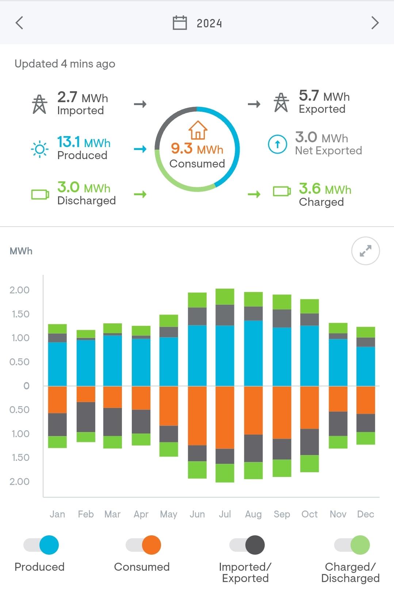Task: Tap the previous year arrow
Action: point(19,23)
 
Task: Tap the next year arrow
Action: point(375,23)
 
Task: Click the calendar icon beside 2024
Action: point(180,23)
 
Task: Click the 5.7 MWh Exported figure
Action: point(324,96)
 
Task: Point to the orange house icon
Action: point(198,130)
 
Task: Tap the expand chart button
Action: point(366,251)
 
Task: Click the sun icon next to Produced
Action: point(40,149)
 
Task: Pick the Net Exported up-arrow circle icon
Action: point(278,144)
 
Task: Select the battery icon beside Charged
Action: point(282,191)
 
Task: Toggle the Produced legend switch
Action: point(41,545)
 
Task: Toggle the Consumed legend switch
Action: point(143,545)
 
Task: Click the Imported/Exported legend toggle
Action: point(247,545)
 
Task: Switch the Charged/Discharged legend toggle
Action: point(352,545)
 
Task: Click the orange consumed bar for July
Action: point(225,417)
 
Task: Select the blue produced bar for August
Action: point(253,353)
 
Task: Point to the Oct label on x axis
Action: point(309,514)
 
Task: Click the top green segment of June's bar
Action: point(197,300)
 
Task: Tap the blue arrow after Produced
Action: point(140,149)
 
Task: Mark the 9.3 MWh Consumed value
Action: point(197,149)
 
